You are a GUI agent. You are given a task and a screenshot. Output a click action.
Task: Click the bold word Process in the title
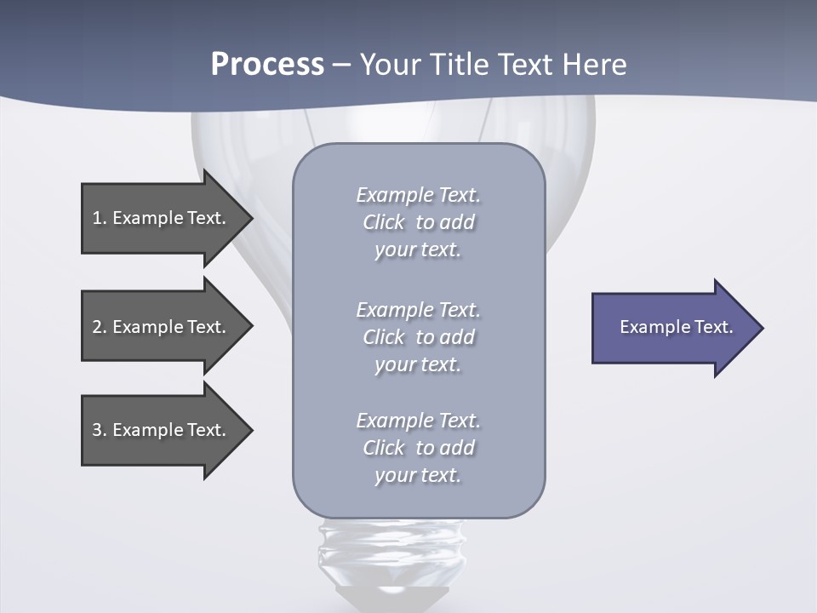tap(267, 65)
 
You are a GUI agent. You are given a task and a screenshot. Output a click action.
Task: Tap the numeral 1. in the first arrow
tap(99, 218)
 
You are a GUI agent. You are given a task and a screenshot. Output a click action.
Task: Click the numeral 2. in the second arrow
tap(99, 327)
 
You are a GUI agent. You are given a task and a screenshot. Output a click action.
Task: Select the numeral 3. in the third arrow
tap(99, 430)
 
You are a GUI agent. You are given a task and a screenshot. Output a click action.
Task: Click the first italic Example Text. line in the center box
tap(418, 195)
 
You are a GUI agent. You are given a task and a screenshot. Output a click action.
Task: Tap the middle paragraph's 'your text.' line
tap(418, 364)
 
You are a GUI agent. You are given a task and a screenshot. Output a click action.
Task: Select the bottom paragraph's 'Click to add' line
tap(418, 448)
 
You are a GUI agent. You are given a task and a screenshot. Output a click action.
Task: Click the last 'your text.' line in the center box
tap(418, 475)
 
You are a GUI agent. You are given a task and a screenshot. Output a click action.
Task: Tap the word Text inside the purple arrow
tap(713, 327)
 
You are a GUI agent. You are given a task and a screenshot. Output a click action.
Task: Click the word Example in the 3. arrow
tap(148, 430)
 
